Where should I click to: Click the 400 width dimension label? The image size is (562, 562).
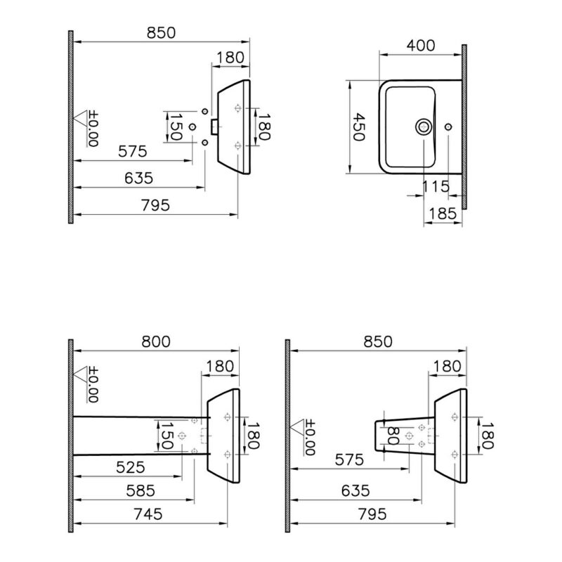click(421, 46)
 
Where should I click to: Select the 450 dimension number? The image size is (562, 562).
click(358, 127)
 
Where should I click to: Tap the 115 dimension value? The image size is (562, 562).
click(436, 186)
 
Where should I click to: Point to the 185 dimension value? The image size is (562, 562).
click(443, 214)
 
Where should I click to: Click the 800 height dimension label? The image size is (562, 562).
click(156, 341)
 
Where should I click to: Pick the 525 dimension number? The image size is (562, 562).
click(131, 467)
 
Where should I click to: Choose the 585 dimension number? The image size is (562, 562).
click(141, 491)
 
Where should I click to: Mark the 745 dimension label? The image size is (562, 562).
click(148, 514)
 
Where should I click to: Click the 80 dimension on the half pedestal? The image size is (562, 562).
click(393, 436)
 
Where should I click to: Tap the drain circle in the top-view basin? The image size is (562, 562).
click(424, 127)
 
